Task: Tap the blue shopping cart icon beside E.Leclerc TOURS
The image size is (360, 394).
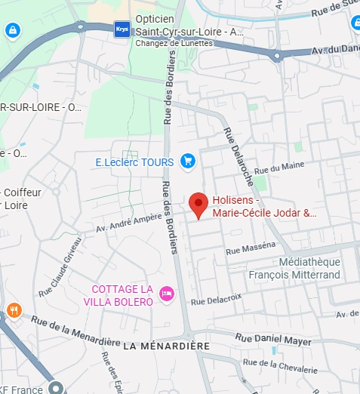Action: (x=188, y=161)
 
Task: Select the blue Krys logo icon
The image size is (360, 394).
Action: (x=122, y=29)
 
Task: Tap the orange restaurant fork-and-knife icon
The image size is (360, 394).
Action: (x=13, y=310)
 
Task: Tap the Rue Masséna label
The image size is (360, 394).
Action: (x=251, y=248)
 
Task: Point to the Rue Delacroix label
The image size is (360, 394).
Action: (x=216, y=300)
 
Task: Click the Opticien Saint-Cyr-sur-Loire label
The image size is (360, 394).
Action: (x=189, y=26)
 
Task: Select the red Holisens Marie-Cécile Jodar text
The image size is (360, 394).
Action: (x=263, y=207)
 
